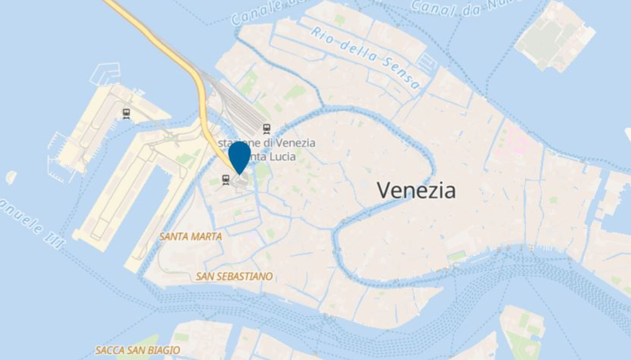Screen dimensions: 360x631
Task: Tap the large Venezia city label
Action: [416, 190]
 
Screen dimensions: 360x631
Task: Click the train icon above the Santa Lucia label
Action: [267, 129]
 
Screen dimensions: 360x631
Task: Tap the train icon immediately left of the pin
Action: [226, 179]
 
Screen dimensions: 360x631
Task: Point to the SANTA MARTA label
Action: [190, 237]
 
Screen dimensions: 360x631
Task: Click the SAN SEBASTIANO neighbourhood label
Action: [234, 276]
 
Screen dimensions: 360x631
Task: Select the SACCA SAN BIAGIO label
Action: [138, 350]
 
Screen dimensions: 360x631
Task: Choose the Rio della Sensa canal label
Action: [365, 58]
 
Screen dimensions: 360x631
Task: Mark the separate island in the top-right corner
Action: [555, 36]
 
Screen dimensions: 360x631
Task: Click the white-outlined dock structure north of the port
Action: [106, 74]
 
